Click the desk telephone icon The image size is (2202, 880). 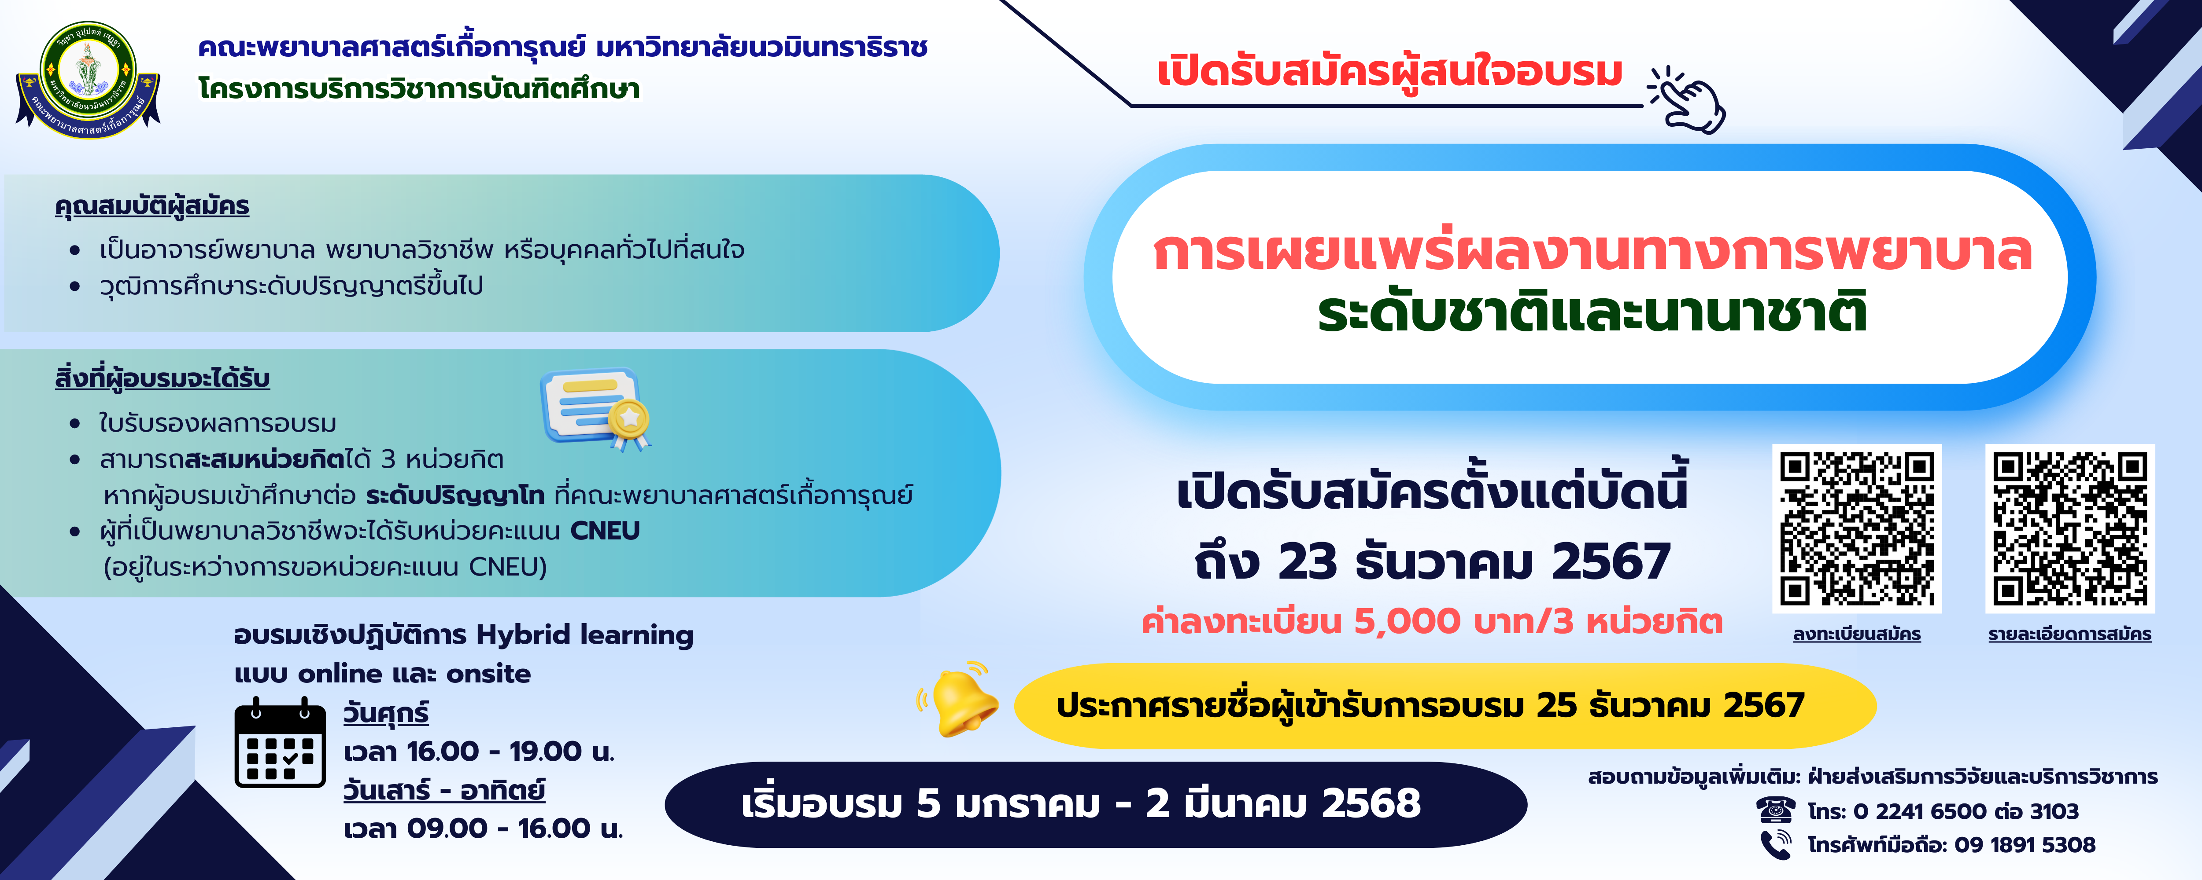[x=1775, y=809]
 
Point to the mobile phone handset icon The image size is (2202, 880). [x=1775, y=844]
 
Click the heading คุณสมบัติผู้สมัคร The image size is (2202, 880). [x=152, y=207]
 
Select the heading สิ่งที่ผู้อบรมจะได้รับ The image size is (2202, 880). [x=163, y=378]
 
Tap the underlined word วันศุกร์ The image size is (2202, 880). [x=385, y=712]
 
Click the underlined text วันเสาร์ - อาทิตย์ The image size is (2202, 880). [x=443, y=789]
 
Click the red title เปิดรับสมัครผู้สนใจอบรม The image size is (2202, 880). [x=1390, y=72]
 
